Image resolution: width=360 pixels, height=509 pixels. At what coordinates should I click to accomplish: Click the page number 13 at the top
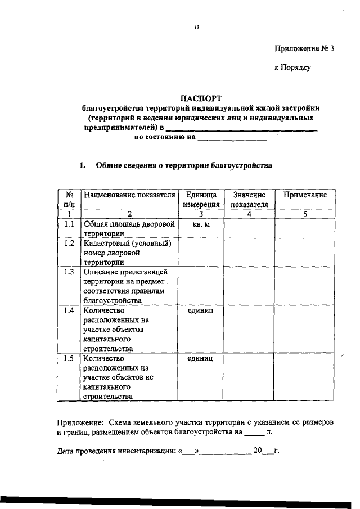197,26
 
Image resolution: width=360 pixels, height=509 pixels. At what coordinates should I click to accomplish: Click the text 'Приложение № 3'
304,48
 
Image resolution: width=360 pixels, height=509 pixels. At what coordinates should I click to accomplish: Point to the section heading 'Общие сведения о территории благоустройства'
183,166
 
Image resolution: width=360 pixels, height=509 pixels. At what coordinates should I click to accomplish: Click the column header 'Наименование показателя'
129,195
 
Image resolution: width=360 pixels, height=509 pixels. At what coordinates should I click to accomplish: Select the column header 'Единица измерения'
201,199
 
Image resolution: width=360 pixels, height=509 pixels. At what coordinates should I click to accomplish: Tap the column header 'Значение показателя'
249,199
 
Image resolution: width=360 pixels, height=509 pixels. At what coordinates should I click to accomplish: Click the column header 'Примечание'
305,195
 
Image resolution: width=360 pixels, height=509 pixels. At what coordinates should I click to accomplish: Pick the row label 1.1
69,223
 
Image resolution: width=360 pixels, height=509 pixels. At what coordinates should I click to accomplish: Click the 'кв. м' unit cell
201,224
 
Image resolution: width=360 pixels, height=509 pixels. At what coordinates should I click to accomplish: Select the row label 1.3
69,272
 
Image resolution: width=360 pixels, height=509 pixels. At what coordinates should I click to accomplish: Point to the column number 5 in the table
305,214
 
